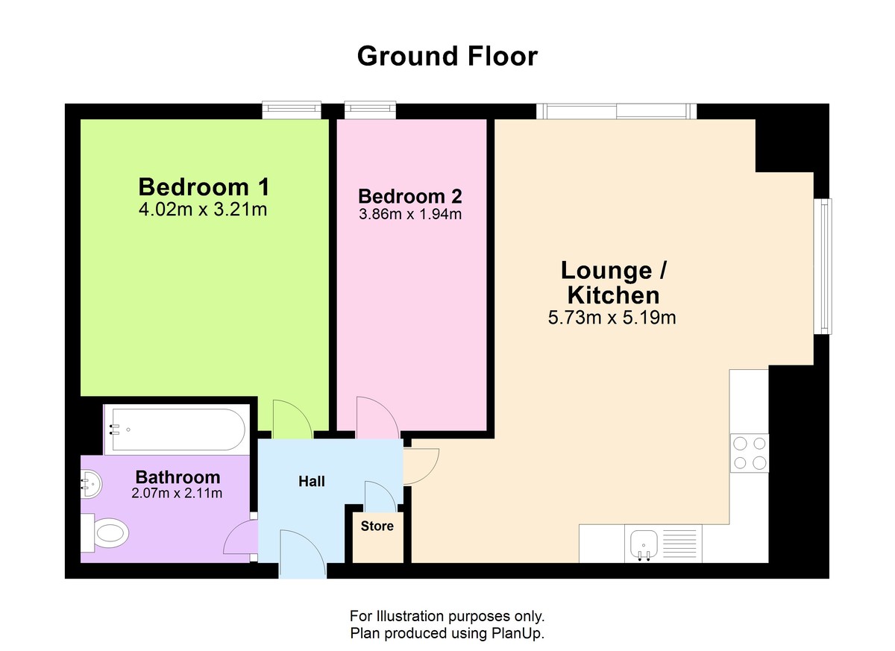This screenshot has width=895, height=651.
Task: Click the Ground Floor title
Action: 447,57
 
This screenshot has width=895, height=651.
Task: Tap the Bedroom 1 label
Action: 204,186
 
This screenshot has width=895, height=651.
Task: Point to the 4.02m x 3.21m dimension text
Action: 203,210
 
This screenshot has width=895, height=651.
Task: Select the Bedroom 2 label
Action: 410,196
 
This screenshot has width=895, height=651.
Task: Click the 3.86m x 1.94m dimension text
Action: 410,214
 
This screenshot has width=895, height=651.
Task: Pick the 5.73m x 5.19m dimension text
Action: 612,318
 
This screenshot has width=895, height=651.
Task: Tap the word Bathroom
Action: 178,477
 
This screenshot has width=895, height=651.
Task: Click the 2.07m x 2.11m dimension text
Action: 177,493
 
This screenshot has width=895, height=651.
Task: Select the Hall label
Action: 311,481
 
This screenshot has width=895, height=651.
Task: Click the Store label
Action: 377,526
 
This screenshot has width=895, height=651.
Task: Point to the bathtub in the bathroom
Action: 177,430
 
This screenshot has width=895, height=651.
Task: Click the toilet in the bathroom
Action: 104,532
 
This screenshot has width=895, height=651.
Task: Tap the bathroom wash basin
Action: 91,484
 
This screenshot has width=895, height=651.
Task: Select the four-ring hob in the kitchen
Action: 749,453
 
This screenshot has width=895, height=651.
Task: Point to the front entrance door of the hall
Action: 303,554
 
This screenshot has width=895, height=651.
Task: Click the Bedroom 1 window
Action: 292,110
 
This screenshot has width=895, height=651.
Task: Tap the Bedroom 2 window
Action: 371,110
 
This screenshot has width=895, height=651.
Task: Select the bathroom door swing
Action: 240,538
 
